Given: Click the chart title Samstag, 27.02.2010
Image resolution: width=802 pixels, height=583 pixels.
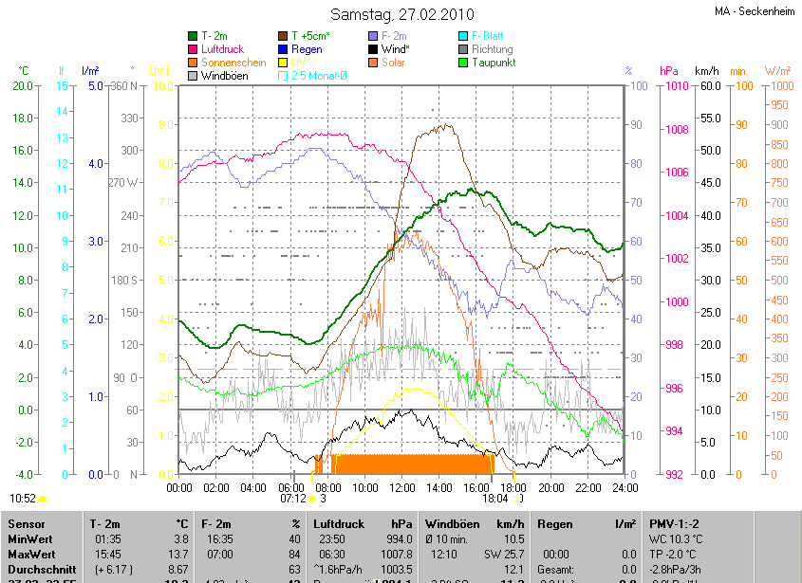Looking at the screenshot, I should click(x=401, y=14).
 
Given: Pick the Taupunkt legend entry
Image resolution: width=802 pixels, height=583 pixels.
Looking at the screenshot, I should click(x=493, y=63).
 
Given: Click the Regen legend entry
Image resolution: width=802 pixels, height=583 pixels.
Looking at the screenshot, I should click(x=307, y=49).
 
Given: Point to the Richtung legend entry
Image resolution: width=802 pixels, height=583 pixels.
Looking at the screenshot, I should click(x=492, y=49).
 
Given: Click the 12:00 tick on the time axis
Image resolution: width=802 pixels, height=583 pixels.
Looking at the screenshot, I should click(x=401, y=487).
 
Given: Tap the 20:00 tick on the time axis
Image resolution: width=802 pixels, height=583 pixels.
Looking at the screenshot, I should click(x=550, y=487).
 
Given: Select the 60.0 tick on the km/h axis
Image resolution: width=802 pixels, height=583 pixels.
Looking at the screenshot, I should click(x=706, y=86).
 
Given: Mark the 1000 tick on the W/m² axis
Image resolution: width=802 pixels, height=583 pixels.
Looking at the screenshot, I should click(x=777, y=86).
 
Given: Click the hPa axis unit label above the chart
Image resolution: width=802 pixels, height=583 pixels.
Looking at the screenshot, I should click(x=669, y=71).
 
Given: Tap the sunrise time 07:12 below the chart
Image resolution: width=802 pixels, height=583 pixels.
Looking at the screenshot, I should click(x=292, y=498).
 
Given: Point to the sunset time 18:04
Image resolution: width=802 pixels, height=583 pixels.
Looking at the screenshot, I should click(x=494, y=498).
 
